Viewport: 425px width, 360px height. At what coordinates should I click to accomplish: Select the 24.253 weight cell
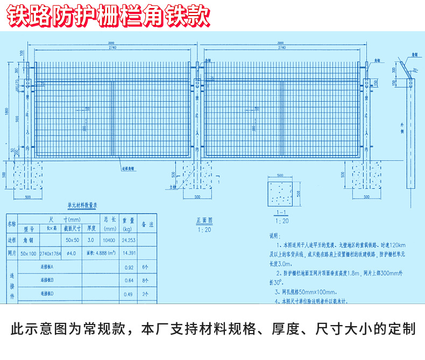coord(128,241)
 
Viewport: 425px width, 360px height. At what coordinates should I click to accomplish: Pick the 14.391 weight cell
coord(128,253)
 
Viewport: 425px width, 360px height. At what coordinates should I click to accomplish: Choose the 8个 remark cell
coord(146,280)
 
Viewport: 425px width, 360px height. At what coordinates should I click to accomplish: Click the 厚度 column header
coord(91,227)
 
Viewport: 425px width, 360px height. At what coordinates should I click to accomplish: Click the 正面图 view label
coord(204,220)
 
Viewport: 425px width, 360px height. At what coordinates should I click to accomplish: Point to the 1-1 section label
coord(280,213)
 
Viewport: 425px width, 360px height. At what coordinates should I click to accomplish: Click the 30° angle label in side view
coord(415,70)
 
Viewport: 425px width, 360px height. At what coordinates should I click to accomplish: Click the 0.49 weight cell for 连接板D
coord(128,294)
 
